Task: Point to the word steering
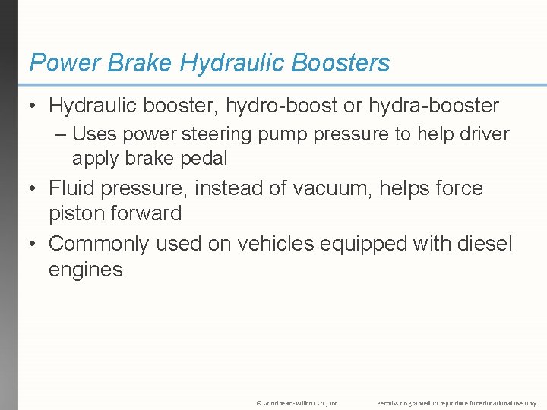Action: (x=222, y=134)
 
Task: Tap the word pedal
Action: (x=203, y=159)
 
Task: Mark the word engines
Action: (x=85, y=270)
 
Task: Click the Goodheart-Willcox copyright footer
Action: (x=297, y=402)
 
